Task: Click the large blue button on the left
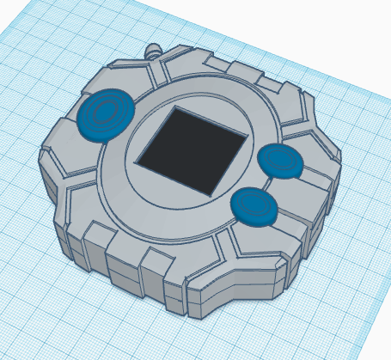(x=105, y=114)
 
